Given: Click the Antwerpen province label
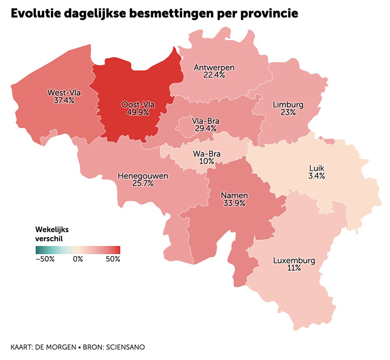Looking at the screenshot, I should tap(214, 67).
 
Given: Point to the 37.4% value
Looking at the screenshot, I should tap(64, 100).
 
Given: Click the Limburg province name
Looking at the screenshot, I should tap(288, 104).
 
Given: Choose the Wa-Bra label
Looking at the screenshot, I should tap(207, 154).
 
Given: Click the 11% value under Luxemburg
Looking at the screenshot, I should tap(294, 268).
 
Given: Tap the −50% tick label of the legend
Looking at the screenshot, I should tap(45, 259).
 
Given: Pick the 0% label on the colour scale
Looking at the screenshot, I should tap(78, 259).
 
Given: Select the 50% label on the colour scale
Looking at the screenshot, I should tap(113, 259).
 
